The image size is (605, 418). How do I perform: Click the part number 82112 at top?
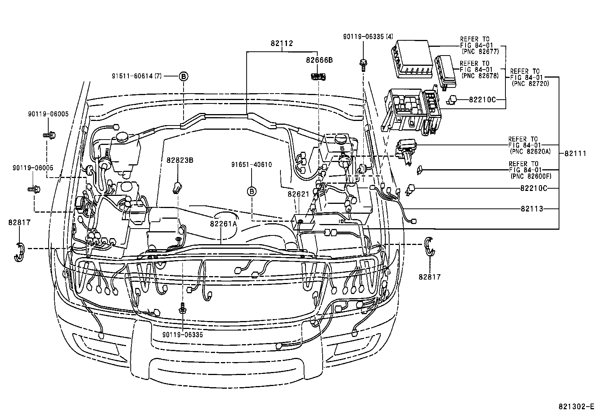(x=282, y=43)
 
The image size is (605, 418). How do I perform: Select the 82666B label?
(x=320, y=60)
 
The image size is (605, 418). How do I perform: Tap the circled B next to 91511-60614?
(x=184, y=76)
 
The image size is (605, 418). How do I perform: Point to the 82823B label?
(x=180, y=160)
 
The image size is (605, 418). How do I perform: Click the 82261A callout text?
(x=223, y=224)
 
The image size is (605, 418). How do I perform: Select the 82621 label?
(x=298, y=194)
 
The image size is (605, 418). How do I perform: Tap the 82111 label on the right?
(x=575, y=154)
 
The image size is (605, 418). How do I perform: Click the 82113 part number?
(x=532, y=209)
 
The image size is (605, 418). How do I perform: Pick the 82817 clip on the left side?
(x=19, y=251)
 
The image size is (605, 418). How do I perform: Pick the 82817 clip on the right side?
(x=429, y=246)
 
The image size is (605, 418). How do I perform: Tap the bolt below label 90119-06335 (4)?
(x=363, y=64)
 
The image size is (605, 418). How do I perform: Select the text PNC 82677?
(x=480, y=51)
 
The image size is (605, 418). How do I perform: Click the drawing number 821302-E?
(x=576, y=406)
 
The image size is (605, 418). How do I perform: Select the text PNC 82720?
(x=530, y=83)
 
